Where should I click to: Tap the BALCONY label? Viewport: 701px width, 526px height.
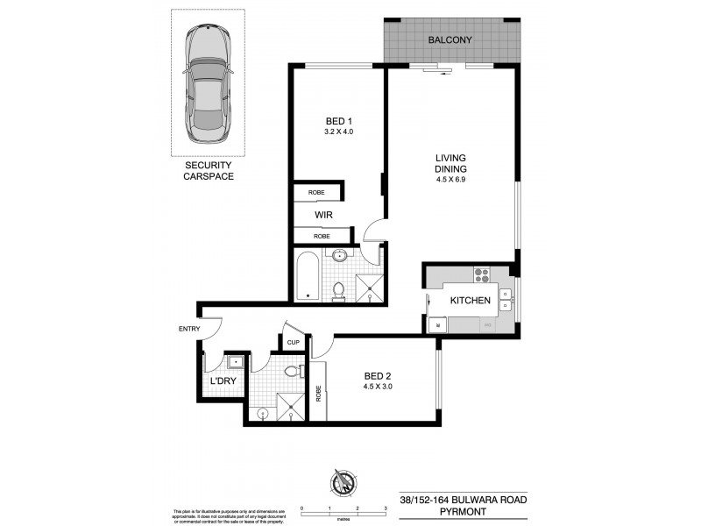pyautogui.click(x=450, y=40)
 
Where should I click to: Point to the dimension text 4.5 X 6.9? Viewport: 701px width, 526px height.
pyautogui.click(x=451, y=181)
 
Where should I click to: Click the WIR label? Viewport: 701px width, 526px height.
pyautogui.click(x=322, y=213)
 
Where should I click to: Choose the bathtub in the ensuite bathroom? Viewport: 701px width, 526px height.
pyautogui.click(x=307, y=275)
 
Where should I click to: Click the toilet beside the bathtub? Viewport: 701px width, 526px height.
pyautogui.click(x=340, y=288)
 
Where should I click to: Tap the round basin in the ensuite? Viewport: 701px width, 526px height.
pyautogui.click(x=341, y=257)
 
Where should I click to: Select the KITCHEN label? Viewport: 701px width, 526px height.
pyautogui.click(x=470, y=301)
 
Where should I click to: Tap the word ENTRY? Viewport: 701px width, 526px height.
pyautogui.click(x=189, y=330)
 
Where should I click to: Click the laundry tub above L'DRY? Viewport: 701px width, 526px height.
pyautogui.click(x=236, y=361)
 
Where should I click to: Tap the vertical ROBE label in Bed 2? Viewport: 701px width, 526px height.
pyautogui.click(x=319, y=395)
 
